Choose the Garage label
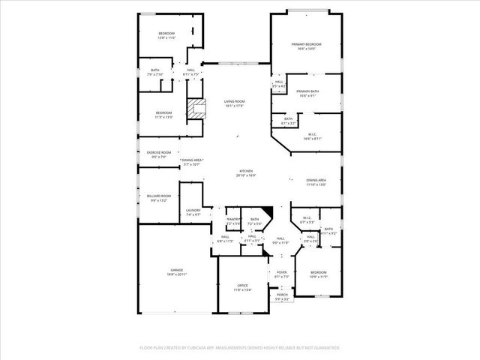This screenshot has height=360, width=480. point(177,271)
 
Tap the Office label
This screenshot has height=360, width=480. point(243,287)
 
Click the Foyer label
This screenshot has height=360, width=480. point(281,274)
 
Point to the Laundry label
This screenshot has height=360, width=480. point(193,212)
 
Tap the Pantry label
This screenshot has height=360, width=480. point(234,221)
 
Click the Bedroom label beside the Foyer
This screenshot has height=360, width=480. point(319,274)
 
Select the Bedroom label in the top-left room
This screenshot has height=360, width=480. point(166,35)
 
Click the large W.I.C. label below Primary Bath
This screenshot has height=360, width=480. point(313,136)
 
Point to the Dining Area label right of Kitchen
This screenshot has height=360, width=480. point(316,181)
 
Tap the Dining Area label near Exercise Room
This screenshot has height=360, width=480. point(192,162)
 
